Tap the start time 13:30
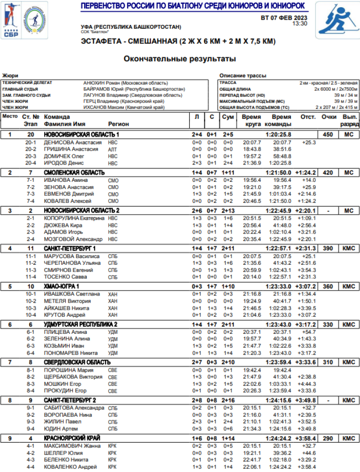[x=300, y=23]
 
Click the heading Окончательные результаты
[x=180, y=59]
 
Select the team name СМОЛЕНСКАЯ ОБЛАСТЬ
[x=74, y=172]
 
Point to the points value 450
[x=328, y=135]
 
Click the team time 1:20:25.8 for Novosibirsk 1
[x=278, y=135]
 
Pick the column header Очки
[x=329, y=117]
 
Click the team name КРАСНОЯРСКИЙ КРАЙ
[x=72, y=438]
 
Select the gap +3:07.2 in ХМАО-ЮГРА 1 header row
[x=305, y=286]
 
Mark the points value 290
[x=328, y=438]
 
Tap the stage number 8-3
[x=31, y=384]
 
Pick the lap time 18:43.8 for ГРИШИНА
[x=252, y=149]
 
